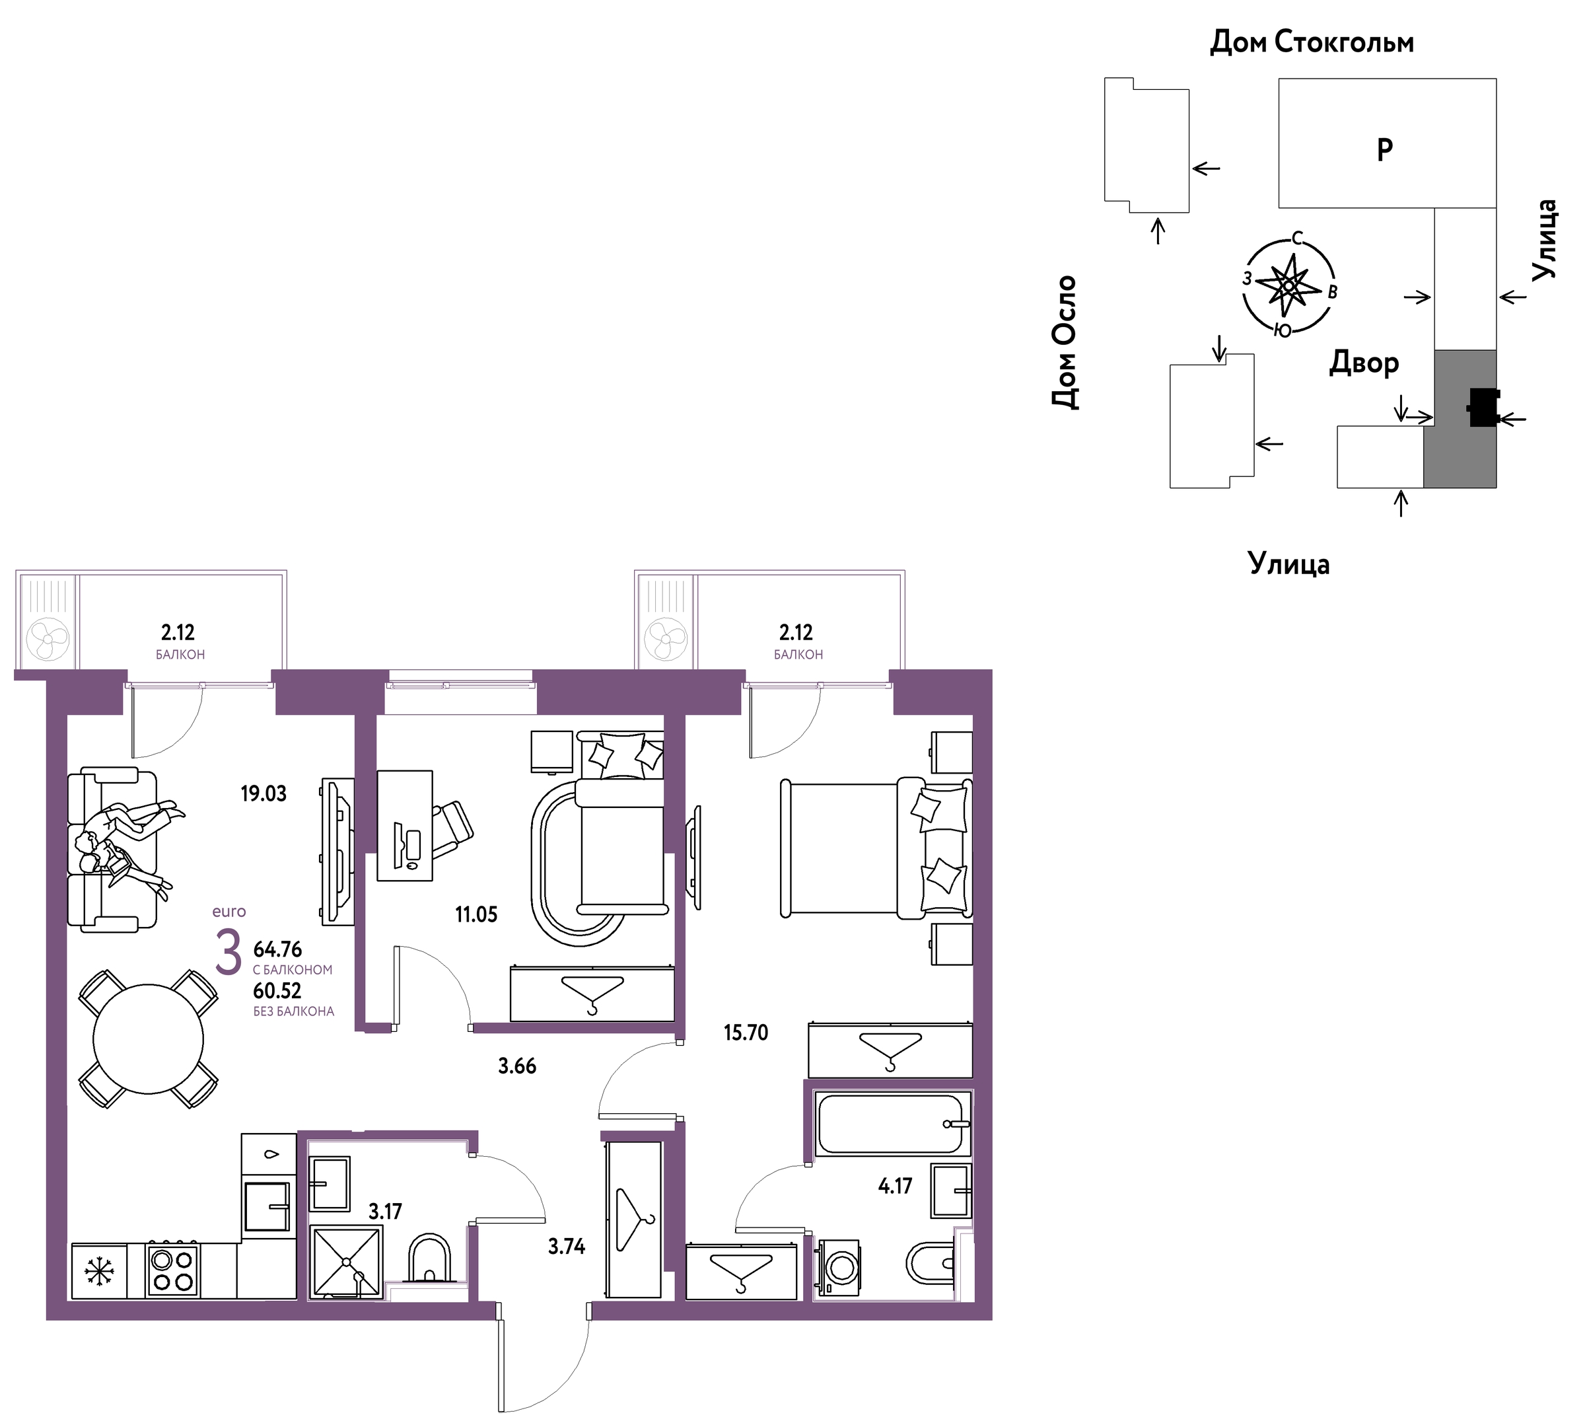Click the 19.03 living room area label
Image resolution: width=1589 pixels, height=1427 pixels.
point(264,793)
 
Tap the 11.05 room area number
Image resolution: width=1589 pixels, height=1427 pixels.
point(476,914)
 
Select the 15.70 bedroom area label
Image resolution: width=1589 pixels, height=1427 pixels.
point(746,1033)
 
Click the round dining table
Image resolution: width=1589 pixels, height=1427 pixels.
point(148,1039)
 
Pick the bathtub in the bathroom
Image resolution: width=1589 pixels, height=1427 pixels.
point(892,1124)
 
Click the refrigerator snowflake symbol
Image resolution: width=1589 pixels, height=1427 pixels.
point(100,1271)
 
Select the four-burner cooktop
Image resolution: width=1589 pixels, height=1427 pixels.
point(172,1270)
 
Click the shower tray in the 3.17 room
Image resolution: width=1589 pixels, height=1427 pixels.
point(347,1262)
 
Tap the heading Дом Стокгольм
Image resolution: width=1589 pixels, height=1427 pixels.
point(1312,42)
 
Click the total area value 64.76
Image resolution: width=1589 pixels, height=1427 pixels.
point(277,949)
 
